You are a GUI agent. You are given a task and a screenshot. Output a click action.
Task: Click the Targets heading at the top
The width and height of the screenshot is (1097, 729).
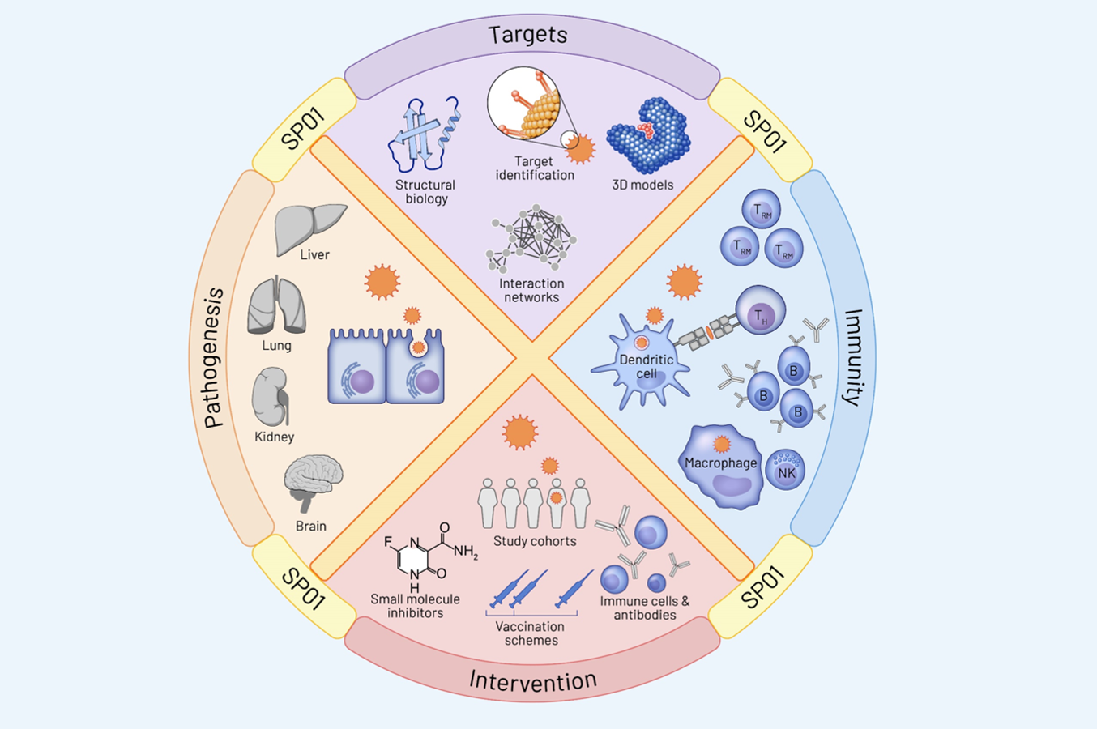(527, 35)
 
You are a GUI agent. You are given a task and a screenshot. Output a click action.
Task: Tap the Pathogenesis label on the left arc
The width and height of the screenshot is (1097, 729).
(213, 357)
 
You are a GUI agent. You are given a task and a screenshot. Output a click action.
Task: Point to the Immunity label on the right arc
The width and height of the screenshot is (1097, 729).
(853, 356)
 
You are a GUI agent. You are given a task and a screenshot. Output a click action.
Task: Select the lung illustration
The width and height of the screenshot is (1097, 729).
(277, 305)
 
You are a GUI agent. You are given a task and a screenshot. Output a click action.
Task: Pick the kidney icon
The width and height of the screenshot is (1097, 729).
(271, 397)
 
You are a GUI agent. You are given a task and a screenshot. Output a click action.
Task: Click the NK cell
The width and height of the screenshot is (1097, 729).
(786, 471)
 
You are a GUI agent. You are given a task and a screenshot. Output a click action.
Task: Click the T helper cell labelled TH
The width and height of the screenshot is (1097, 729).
(760, 310)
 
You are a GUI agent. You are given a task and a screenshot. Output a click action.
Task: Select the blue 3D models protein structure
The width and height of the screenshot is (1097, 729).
(649, 135)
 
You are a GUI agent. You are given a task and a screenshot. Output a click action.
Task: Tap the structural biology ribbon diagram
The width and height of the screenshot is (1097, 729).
(423, 134)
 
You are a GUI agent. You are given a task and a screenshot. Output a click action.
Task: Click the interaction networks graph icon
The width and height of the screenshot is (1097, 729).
(532, 237)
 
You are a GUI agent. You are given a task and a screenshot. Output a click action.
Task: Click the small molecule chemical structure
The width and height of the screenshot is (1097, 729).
(429, 556)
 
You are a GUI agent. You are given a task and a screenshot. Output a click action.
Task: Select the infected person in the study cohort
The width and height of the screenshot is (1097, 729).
(556, 501)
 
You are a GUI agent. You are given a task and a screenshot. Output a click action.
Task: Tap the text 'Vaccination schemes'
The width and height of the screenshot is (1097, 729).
(531, 633)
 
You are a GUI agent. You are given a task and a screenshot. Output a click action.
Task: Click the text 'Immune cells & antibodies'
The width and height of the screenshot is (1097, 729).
(645, 607)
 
